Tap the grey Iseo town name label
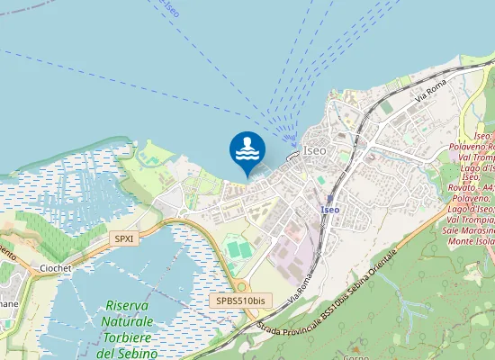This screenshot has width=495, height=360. [x=315, y=151]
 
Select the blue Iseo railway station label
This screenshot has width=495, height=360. [x=329, y=210]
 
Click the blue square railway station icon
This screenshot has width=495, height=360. [x=329, y=198]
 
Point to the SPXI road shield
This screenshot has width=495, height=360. [x=123, y=238]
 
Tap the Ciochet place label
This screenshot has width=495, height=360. [x=56, y=268]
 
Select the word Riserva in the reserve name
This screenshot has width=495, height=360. [x=126, y=306]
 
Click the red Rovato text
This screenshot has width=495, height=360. [x=464, y=187]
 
